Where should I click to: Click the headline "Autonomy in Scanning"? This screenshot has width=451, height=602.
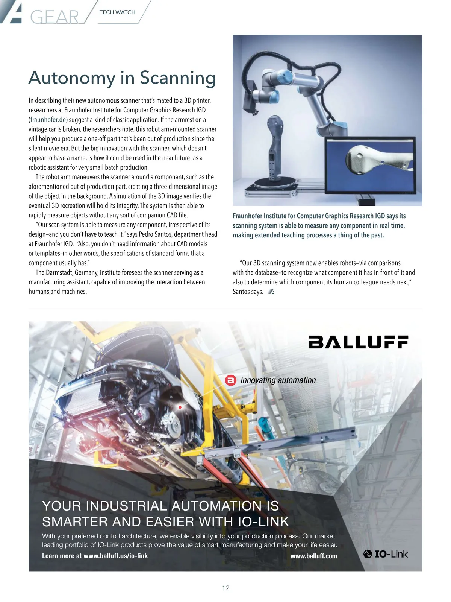[x=122, y=78]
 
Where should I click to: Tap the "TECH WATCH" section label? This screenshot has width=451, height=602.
[x=117, y=12]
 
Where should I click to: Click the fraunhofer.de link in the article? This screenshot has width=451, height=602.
[x=48, y=120]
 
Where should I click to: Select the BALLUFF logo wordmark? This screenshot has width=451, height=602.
[x=358, y=342]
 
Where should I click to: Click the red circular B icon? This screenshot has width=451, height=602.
[x=230, y=380]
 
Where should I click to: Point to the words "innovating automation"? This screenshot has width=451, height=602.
[x=278, y=380]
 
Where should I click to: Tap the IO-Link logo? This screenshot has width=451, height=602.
[x=386, y=554]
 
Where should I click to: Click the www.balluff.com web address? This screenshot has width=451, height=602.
[x=314, y=556]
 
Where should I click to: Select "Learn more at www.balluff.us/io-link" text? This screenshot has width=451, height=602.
[x=95, y=556]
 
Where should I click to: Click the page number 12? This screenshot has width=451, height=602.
[x=225, y=588]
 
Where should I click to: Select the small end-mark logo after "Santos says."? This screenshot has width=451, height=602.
[x=271, y=292]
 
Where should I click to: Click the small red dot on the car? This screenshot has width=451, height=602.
[x=180, y=407]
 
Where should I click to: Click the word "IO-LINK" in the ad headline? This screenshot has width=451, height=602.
[x=263, y=522]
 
